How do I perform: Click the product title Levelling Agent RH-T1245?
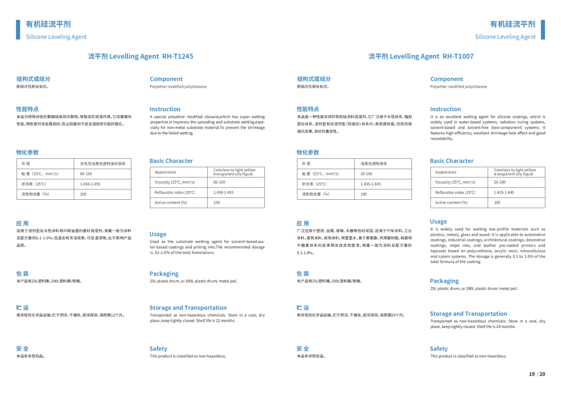[x=140, y=56]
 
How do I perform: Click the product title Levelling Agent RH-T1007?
[x=421, y=56]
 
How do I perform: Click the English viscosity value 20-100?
[x=499, y=182]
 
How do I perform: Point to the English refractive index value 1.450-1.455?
[x=223, y=192]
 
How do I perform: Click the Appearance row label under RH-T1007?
[x=446, y=172]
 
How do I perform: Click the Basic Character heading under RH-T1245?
[x=171, y=161]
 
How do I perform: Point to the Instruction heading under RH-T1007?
[x=445, y=109]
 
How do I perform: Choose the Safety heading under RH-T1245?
[x=158, y=349]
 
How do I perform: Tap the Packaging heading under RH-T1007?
[x=444, y=281]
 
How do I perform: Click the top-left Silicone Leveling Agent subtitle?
[x=56, y=37]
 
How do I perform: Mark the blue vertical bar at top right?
[x=543, y=30]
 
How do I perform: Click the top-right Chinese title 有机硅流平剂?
[x=512, y=24]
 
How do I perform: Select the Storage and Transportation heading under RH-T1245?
[x=188, y=308]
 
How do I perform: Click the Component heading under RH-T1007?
[x=446, y=79]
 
